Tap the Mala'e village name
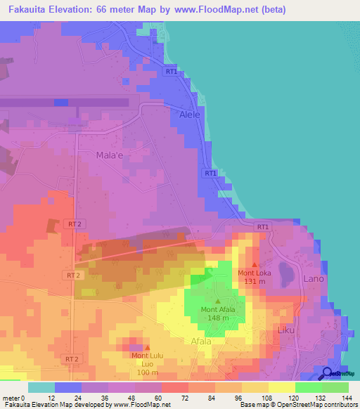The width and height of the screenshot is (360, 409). click(x=109, y=155)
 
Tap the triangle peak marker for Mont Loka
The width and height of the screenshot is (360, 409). click(x=254, y=265)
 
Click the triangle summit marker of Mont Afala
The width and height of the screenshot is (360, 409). click(x=217, y=301)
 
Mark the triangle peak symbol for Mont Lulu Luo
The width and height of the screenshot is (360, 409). click(x=147, y=347)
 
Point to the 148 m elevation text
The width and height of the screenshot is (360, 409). click(x=218, y=318)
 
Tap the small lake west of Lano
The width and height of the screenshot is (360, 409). click(x=287, y=271)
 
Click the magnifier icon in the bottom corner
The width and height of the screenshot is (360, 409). click(x=328, y=374)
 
